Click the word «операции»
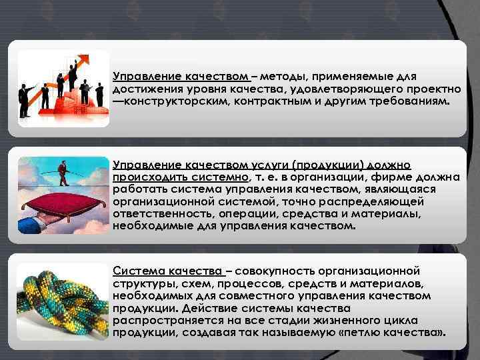249,213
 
